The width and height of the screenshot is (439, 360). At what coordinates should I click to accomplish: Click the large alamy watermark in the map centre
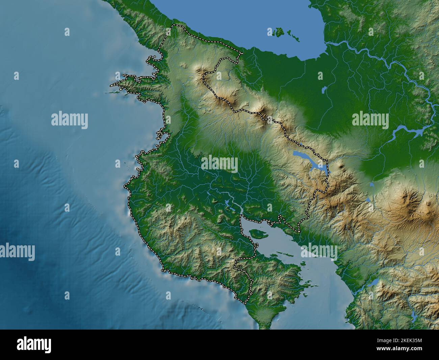pos(219,163)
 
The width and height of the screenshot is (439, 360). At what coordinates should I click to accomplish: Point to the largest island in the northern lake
pos(279,32)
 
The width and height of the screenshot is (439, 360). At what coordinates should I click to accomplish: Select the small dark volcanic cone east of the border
pos(344,166)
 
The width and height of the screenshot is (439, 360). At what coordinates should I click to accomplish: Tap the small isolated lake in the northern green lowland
pos(324,90)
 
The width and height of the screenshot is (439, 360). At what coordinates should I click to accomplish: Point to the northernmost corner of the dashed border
pos(173,25)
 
